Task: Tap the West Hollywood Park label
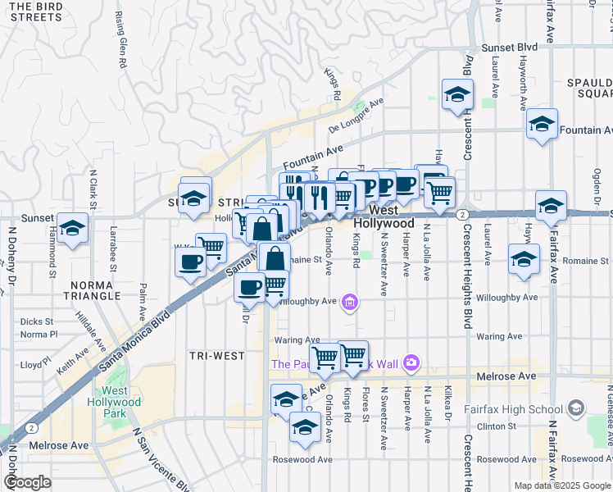tap(116, 396)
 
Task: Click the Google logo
tap(27, 482)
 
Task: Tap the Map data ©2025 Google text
tap(561, 485)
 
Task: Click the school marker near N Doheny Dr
tap(72, 229)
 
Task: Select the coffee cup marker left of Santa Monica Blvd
tap(190, 262)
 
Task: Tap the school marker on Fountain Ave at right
tap(542, 124)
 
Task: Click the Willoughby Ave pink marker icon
tap(350, 303)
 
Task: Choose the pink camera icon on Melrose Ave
tap(411, 362)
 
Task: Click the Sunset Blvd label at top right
tap(510, 48)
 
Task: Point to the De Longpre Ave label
tap(356, 116)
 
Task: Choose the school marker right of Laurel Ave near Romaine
tap(524, 258)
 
